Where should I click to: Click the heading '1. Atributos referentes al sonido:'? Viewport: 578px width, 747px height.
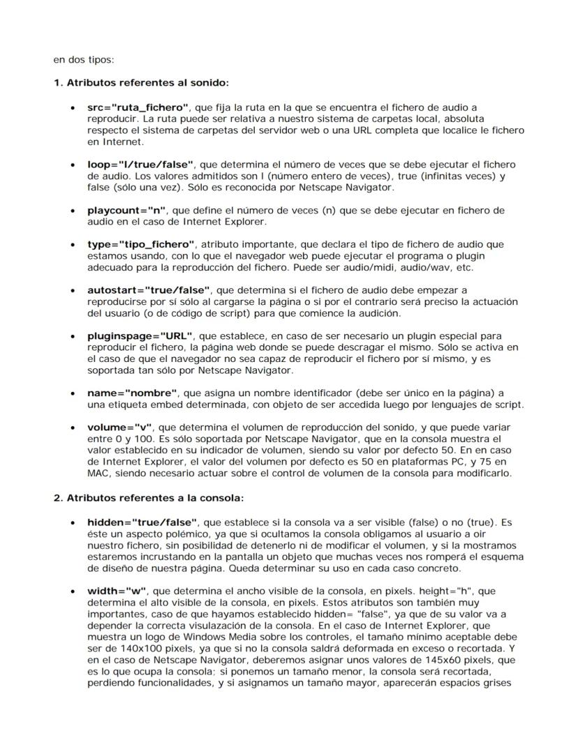click(x=141, y=83)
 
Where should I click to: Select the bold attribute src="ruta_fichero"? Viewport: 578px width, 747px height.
click(x=138, y=107)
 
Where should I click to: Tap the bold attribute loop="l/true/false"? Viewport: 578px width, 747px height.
click(x=140, y=165)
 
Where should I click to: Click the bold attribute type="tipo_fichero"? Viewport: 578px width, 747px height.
click(x=140, y=244)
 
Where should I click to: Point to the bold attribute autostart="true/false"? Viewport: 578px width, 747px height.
click(x=149, y=289)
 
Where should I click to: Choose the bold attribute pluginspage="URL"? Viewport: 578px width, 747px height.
click(x=140, y=335)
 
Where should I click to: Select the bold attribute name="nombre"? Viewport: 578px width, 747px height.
click(x=133, y=393)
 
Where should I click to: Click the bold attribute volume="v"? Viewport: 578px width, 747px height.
click(x=119, y=427)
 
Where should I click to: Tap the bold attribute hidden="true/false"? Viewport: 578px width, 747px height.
click(x=142, y=522)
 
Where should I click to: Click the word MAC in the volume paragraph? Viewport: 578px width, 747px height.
click(x=100, y=472)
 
